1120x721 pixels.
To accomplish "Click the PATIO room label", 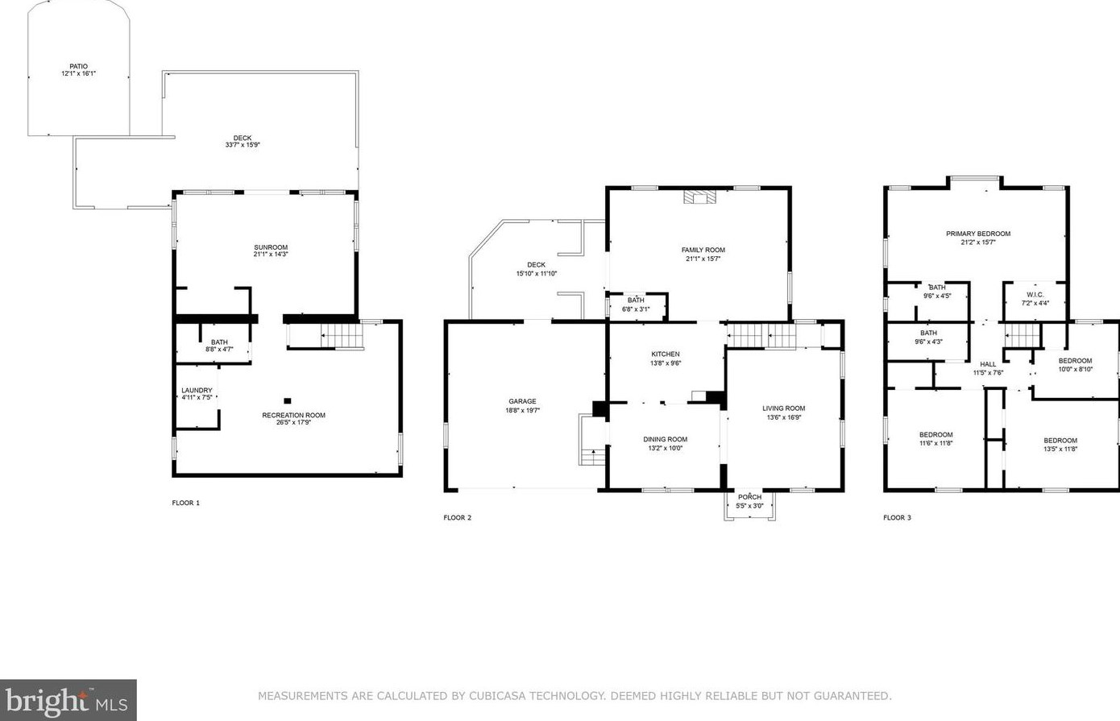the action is pos(78,67).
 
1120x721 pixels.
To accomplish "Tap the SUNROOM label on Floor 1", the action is pos(271,247).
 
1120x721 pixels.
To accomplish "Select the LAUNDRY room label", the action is pos(197,391).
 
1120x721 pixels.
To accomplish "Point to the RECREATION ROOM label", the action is pos(293,415).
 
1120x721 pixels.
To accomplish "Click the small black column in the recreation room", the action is pos(288,400).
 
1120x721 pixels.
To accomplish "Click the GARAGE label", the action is pos(522,401).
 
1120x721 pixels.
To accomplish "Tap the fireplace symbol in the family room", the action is pos(699,197).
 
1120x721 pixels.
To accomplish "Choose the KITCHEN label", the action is pos(666,354).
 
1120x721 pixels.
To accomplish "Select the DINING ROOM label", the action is pos(665,440).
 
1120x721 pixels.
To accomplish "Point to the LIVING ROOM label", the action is pos(783,408).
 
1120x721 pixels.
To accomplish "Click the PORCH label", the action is pos(749,497).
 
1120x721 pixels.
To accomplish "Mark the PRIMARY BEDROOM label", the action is pos(978,234).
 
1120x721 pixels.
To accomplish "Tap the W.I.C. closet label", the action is pos(1035,295).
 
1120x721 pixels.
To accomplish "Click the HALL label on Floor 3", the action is pos(988,364).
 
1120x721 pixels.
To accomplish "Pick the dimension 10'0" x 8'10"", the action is pos(1075,370).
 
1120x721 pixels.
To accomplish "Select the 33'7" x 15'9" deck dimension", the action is pos(243,145).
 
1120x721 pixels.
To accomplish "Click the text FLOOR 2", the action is pos(457,517).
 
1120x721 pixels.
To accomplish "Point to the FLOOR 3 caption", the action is pos(897,517).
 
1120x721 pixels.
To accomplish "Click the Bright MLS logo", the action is pos(68,700).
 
